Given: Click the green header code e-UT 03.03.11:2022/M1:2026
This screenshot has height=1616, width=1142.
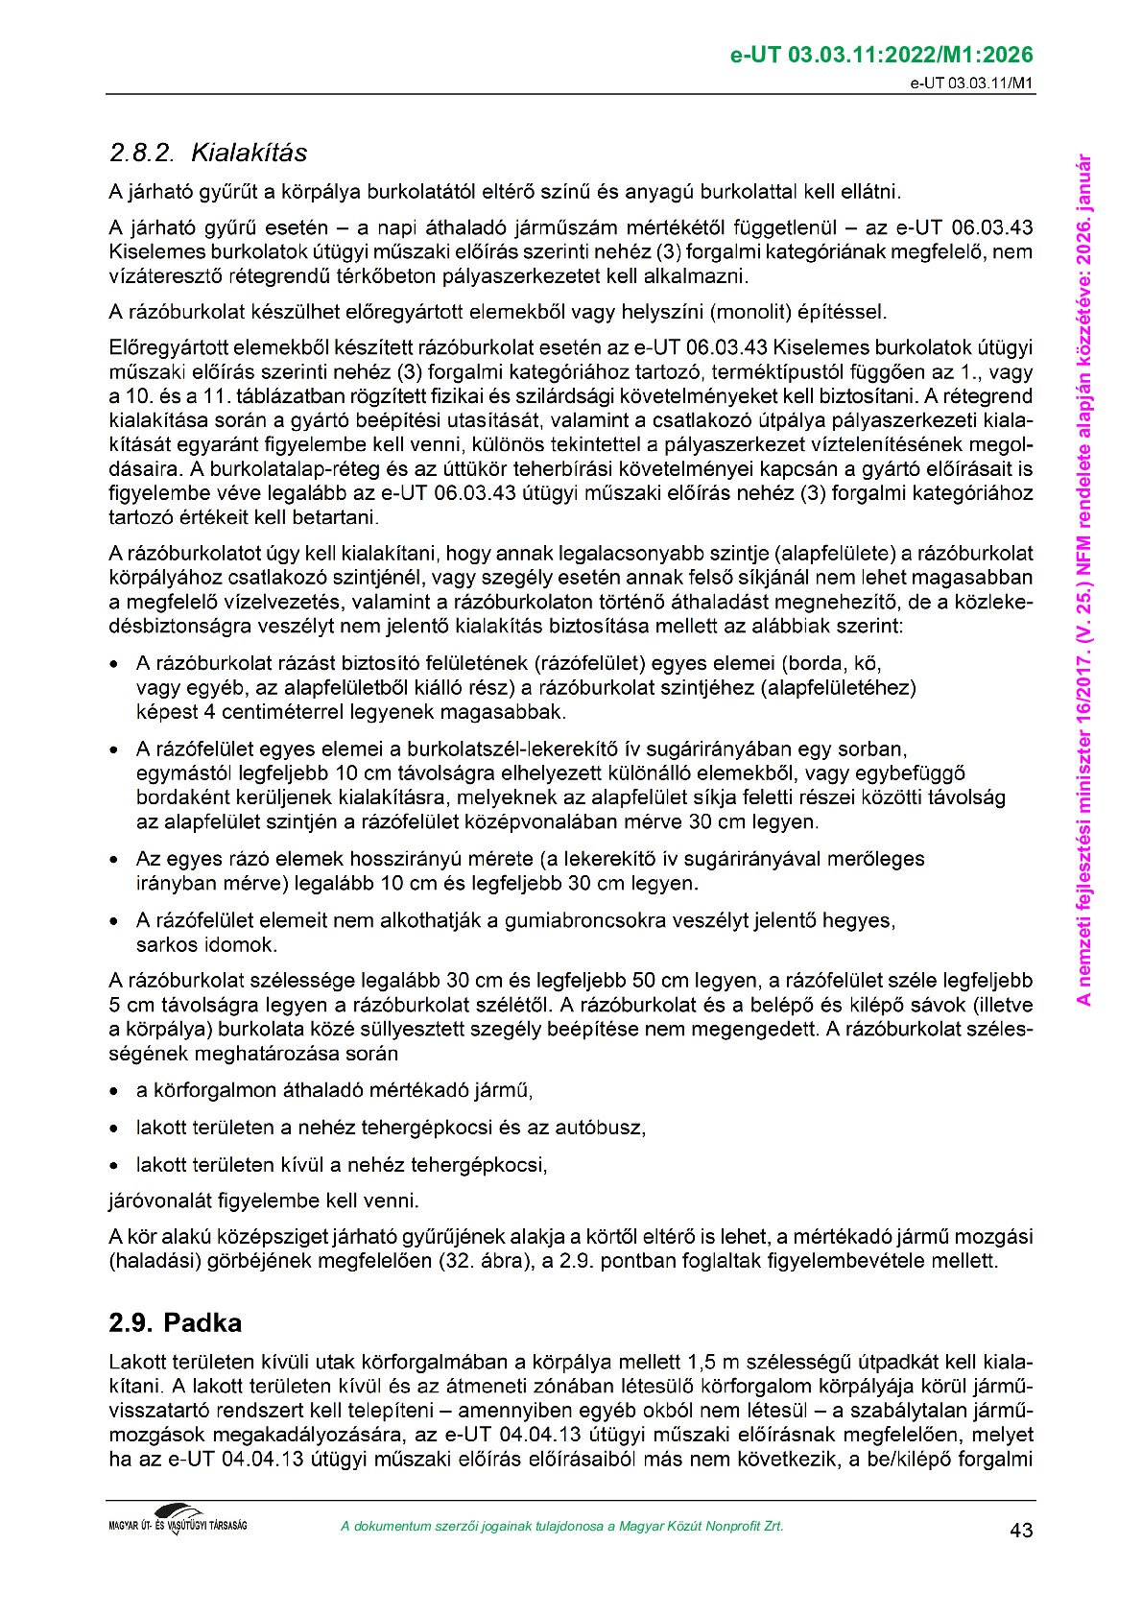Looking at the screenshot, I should [x=881, y=55].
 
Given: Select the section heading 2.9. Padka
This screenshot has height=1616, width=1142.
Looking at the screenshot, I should [x=175, y=1322].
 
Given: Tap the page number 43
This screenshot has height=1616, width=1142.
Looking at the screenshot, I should [x=1021, y=1530].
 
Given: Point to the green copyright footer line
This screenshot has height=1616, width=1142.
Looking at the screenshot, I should [x=561, y=1526].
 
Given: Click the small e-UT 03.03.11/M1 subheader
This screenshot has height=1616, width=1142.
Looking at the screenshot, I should [x=971, y=83].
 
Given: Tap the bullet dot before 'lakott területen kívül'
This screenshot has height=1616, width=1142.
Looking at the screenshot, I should [x=115, y=1166].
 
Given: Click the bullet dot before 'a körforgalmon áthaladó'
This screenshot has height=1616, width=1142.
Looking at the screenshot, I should [x=115, y=1091].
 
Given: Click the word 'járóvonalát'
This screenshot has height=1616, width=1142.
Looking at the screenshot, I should [x=157, y=1200].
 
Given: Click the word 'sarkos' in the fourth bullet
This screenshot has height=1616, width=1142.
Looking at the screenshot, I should [x=163, y=944].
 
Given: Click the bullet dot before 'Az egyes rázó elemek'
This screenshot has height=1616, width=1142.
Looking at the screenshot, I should [x=115, y=859].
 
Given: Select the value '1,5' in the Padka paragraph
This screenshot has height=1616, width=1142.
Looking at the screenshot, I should [x=702, y=1362].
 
